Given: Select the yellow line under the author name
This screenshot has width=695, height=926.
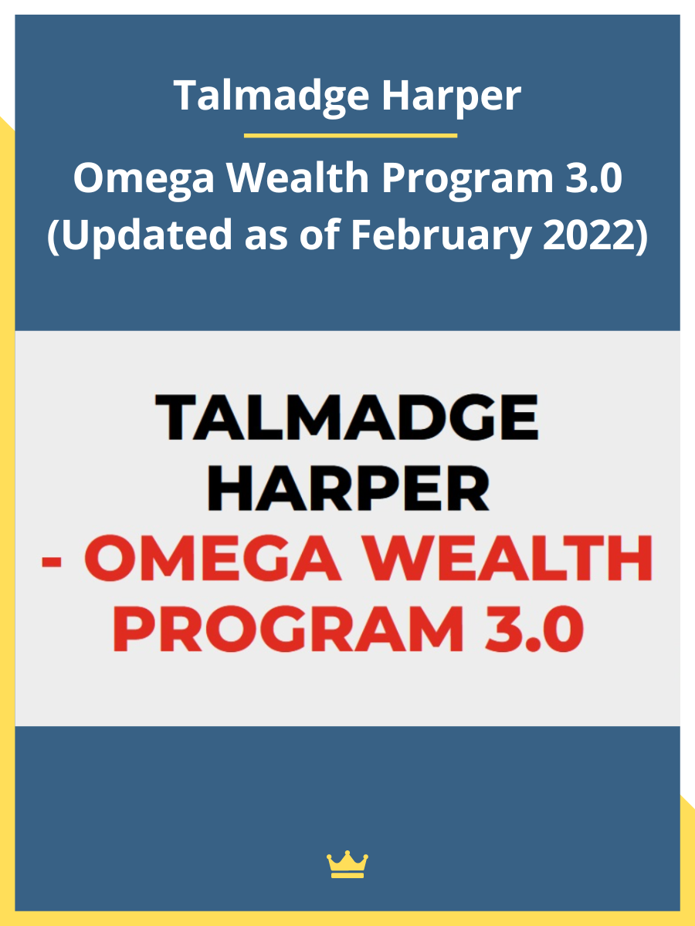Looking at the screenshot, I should point(351,136).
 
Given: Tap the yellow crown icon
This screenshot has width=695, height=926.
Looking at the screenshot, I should point(347,864).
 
